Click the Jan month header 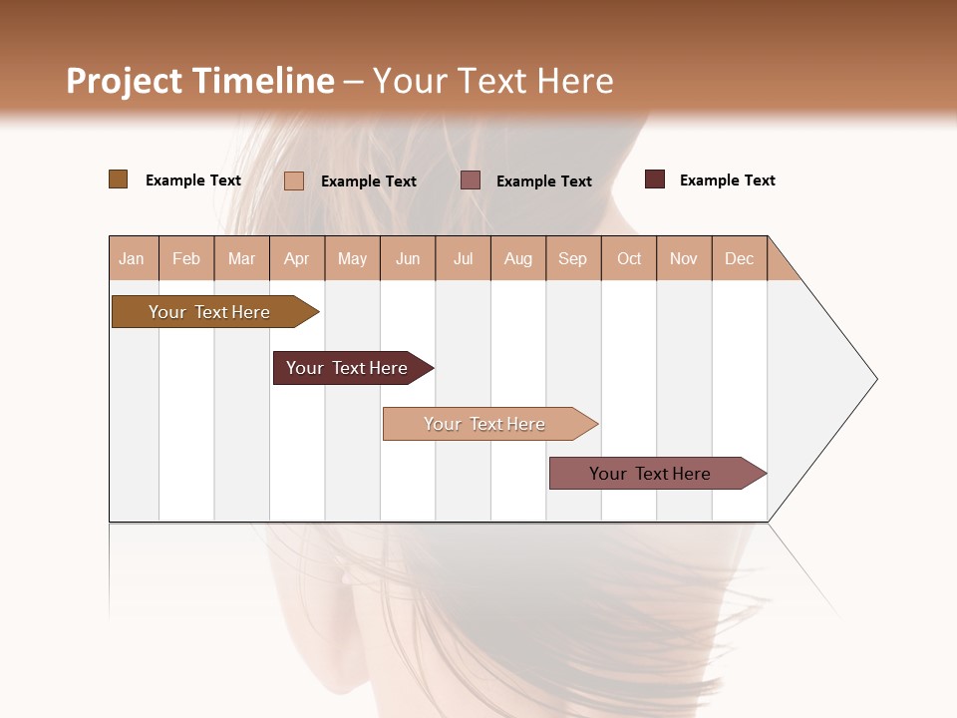pyautogui.click(x=132, y=258)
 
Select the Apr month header pyautogui.click(x=296, y=258)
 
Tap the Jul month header pyautogui.click(x=463, y=258)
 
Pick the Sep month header pyautogui.click(x=572, y=258)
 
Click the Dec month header pyautogui.click(x=739, y=258)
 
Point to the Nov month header pyautogui.click(x=683, y=258)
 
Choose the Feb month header pyautogui.click(x=186, y=258)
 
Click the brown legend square pyautogui.click(x=118, y=179)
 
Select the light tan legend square pyautogui.click(x=293, y=180)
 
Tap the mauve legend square pyautogui.click(x=471, y=180)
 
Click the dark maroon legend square pyautogui.click(x=654, y=179)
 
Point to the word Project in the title pyautogui.click(x=124, y=81)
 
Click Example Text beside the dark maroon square pyautogui.click(x=727, y=179)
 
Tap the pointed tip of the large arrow pyautogui.click(x=874, y=379)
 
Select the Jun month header pyautogui.click(x=408, y=258)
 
